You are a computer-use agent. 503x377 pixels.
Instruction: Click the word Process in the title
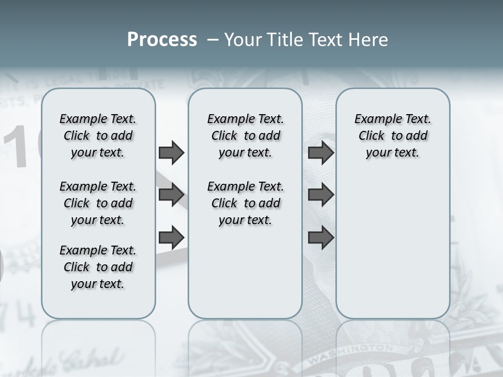(x=162, y=40)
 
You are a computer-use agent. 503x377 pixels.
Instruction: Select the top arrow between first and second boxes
(x=171, y=153)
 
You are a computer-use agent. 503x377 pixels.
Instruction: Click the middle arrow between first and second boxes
(x=171, y=195)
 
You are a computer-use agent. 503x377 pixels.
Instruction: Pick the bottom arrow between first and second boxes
(x=171, y=237)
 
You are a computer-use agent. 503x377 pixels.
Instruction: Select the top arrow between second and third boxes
(x=321, y=153)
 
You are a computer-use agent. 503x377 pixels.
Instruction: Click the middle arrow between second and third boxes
(x=321, y=195)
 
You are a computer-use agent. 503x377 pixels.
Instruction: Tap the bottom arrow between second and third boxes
(x=321, y=238)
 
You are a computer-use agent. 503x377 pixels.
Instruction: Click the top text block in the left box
(x=98, y=136)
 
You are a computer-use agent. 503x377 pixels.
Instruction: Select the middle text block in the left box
(x=98, y=203)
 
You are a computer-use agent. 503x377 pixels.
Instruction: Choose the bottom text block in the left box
(x=98, y=267)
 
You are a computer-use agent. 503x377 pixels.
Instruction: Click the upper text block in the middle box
(x=245, y=136)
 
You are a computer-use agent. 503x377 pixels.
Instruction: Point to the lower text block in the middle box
(x=245, y=203)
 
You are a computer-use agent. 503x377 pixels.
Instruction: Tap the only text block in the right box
(x=392, y=136)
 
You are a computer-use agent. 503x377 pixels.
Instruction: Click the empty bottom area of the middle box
(x=245, y=278)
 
